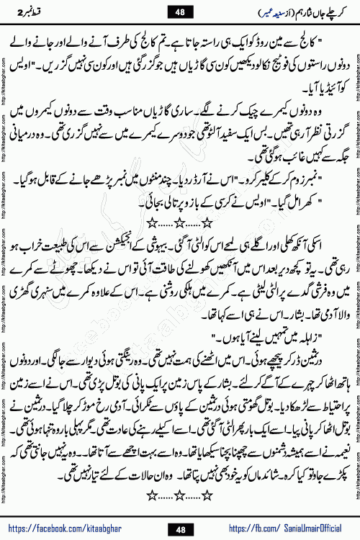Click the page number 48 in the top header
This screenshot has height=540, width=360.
pyautogui.click(x=179, y=12)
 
